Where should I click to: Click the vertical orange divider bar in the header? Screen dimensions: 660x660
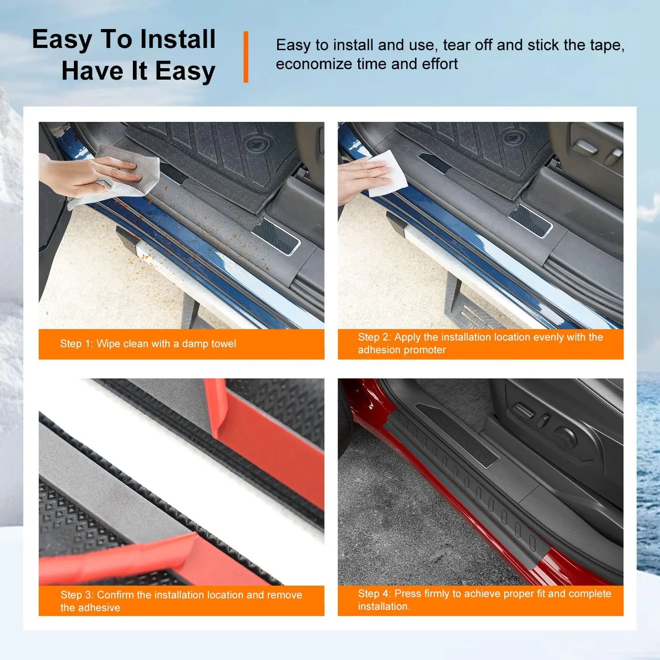coord(246,57)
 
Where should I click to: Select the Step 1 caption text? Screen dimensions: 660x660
coord(148,344)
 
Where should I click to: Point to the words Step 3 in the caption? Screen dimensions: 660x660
coord(77,595)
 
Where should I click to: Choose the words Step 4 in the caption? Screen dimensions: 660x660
coord(374,594)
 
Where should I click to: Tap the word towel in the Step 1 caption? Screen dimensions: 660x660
coord(224,344)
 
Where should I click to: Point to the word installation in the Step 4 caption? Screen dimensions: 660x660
coord(383,606)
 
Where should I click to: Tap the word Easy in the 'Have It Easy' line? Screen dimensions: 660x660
coord(185,71)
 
